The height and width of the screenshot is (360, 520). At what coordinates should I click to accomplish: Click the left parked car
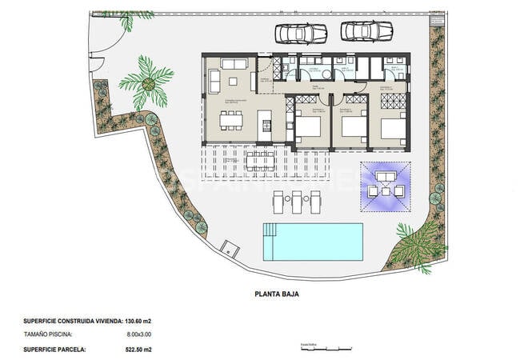pos(301,33)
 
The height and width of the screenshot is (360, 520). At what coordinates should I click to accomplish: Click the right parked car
pos(366,31)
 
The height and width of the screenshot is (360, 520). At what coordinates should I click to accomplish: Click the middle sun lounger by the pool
pos(296,202)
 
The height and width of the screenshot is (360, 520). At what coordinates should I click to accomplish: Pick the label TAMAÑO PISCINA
pos(49,334)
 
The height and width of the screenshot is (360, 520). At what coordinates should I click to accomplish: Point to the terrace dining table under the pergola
pos(262,162)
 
